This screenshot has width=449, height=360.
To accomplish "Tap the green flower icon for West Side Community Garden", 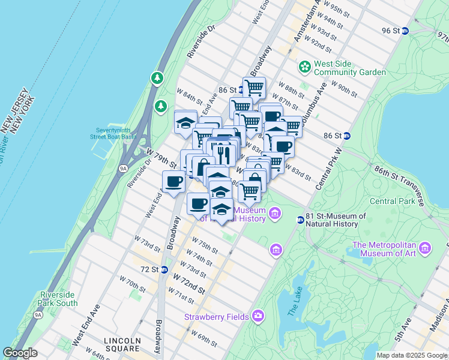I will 304,65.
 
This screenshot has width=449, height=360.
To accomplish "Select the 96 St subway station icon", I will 405,31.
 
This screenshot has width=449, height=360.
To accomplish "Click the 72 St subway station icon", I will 164,269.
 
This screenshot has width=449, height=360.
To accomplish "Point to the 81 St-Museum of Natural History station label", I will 336,220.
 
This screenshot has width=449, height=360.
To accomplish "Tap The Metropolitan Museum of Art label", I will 385,249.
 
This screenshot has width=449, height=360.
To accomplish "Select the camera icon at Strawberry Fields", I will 258,316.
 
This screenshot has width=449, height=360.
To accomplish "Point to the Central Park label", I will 392,201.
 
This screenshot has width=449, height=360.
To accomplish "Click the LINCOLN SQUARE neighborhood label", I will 122,345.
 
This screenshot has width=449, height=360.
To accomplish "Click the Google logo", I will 20,353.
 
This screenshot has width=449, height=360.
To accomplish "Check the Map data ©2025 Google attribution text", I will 411,355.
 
